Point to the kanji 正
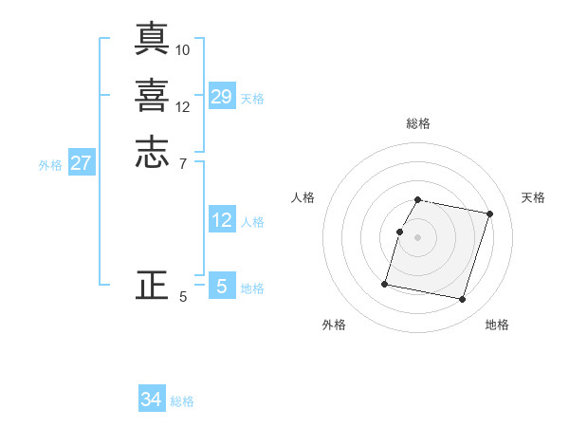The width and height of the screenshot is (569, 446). tap(152, 285)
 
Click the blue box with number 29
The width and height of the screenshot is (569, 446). tap(222, 97)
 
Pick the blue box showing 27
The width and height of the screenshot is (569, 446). tap(82, 163)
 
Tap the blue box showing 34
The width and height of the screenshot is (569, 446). tap(152, 400)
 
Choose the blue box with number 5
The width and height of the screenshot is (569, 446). tap(222, 287)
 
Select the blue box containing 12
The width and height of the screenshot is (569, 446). tap(222, 220)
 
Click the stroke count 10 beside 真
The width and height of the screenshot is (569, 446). tap(183, 49)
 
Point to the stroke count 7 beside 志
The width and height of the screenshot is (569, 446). tap(183, 164)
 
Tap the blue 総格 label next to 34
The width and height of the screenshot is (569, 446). tap(182, 401)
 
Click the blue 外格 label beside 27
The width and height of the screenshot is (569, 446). tap(50, 165)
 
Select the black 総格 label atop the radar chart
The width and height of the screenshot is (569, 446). tap(418, 123)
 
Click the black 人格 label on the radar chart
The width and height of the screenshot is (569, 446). tap(303, 197)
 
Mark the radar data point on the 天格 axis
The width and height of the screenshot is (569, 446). tap(490, 214)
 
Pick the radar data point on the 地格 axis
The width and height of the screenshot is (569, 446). tap(463, 300)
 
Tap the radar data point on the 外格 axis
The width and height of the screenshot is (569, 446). tap(385, 284)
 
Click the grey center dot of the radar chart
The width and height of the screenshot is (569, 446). tap(418, 237)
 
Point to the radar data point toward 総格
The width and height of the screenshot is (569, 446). tap(418, 200)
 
